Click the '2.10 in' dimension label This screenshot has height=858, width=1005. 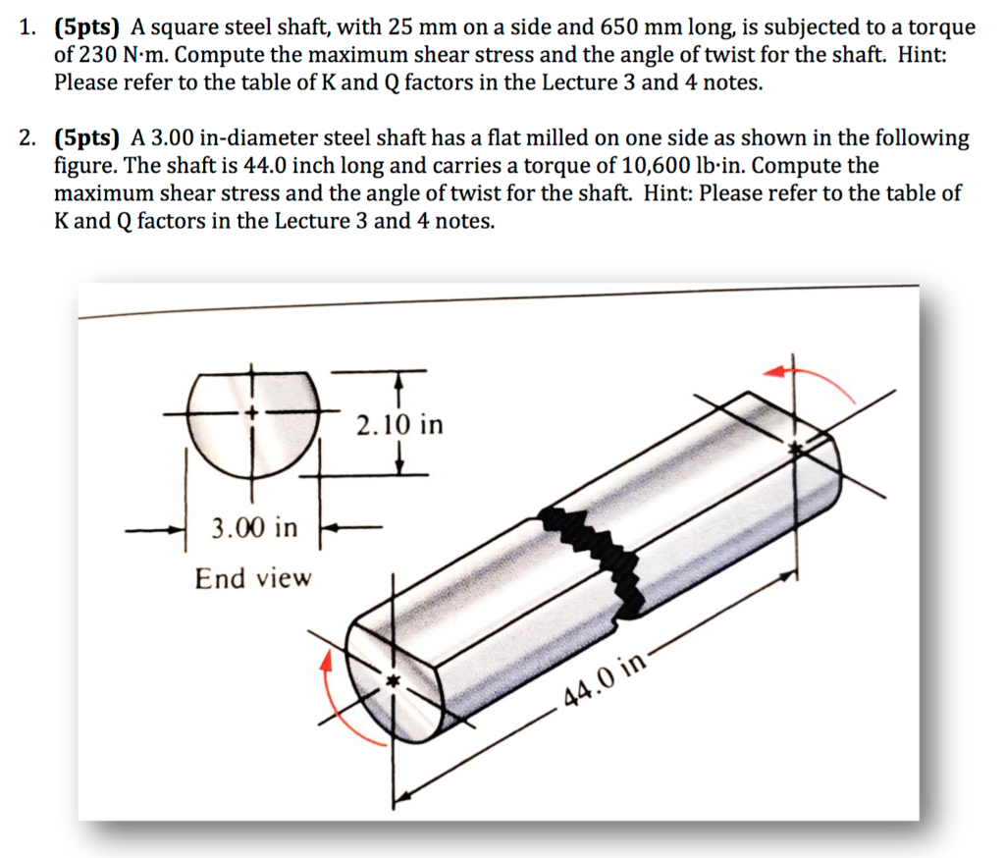coord(399,425)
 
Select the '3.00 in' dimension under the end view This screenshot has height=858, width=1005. coord(254,528)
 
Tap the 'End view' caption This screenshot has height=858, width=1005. coord(252,578)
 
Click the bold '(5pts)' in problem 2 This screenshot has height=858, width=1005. coord(85,137)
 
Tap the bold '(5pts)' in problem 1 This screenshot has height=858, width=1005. coord(85,27)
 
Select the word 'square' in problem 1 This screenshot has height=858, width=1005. coord(196,27)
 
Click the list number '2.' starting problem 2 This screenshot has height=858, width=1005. coord(29,137)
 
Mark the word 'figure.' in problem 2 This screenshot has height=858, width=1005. coord(83,165)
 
